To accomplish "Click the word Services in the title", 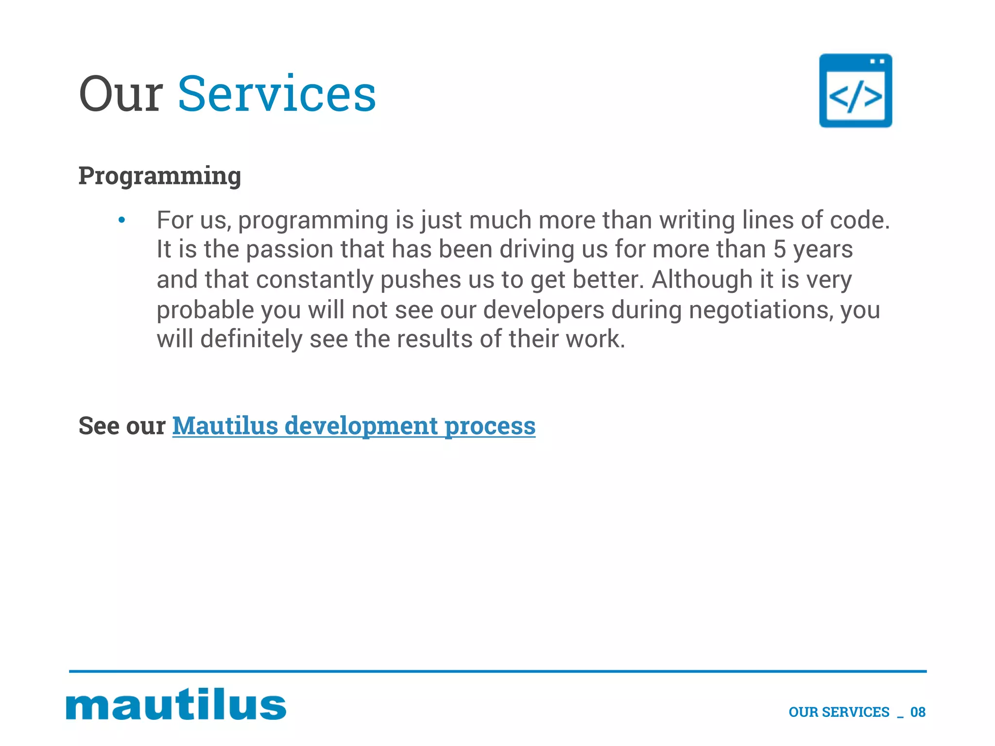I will coord(277,94).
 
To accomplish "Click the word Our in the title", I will coord(120,94).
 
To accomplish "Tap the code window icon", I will coord(855,91).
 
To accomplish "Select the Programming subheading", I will coord(160,175).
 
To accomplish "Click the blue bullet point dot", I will coord(122,220).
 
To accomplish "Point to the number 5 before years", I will coord(779,249).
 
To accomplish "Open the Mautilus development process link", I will coord(354,426).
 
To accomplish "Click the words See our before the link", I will coord(122,426).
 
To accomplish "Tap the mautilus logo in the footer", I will coord(176,704).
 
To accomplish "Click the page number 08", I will coord(918,712).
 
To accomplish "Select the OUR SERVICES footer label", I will coord(839,712).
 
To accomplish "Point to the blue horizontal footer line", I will coord(497,671).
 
